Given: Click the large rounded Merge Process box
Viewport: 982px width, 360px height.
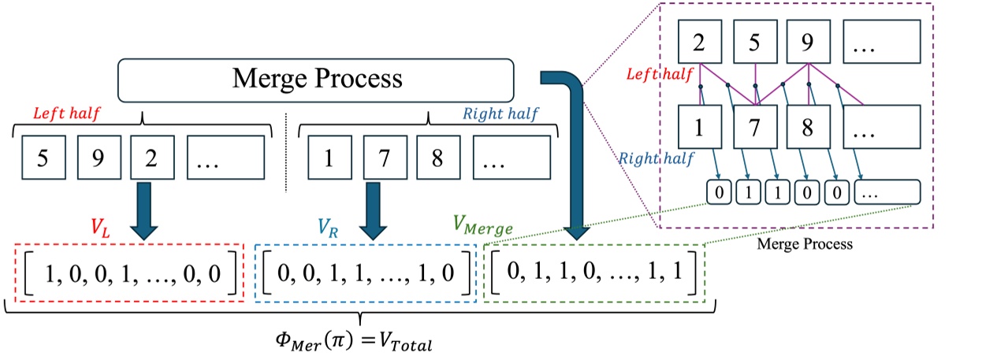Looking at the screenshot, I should point(315,79).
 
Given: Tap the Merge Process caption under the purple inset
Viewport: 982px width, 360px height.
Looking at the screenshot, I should point(805,244).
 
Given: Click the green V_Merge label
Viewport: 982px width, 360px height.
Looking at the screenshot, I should point(482,226).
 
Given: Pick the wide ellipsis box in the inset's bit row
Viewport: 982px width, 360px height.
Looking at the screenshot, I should point(886,191).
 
